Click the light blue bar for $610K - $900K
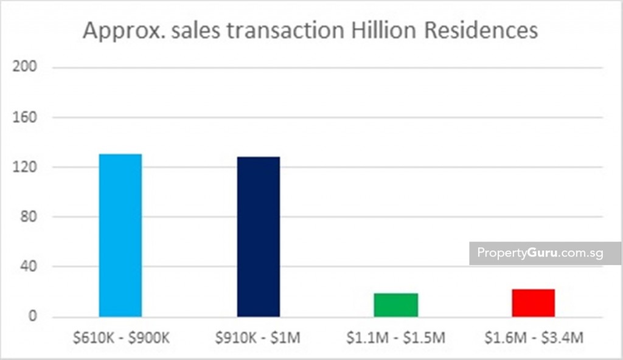click(120, 235)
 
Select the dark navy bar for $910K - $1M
click(259, 237)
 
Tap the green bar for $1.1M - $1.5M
click(396, 305)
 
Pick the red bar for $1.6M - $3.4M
click(534, 303)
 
